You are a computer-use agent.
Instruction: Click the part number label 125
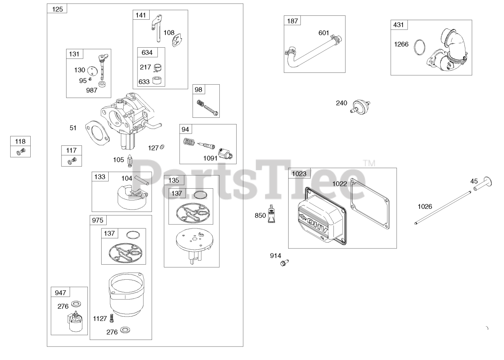tap(57, 9)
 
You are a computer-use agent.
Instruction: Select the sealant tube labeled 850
tap(271, 215)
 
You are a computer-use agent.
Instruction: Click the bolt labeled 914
tap(283, 262)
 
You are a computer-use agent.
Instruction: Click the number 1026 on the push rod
tap(425, 206)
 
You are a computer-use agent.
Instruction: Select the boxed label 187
tap(293, 21)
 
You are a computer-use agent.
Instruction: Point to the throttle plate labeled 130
tap(93, 71)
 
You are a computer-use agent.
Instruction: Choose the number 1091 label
tap(210, 158)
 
